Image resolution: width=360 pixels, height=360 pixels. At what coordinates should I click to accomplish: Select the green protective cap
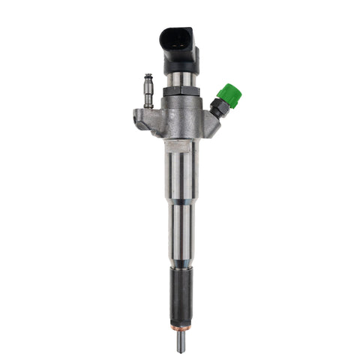point(228,95)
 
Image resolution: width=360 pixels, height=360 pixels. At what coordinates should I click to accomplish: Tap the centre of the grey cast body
point(179,120)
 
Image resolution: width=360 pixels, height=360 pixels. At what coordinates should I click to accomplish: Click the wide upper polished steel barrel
point(179,172)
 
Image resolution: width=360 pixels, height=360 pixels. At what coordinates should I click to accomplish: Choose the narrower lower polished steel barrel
point(179,236)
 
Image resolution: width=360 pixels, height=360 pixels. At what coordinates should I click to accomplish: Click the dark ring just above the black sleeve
point(179,263)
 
